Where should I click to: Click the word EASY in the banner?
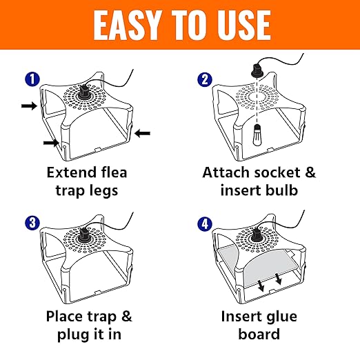[126, 26]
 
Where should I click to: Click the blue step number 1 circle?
[32, 79]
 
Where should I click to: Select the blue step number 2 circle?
[205, 79]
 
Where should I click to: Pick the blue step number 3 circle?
[32, 223]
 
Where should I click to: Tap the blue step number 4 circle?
[205, 223]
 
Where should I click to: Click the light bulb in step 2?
[257, 135]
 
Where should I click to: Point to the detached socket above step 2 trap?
[256, 70]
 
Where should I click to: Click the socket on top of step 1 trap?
[83, 92]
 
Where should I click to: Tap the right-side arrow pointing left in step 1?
[142, 133]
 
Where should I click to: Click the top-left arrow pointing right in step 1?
[29, 106]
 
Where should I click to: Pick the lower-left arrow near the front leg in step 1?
[51, 143]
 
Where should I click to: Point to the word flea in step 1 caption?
[114, 172]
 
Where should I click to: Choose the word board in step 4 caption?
[259, 334]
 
